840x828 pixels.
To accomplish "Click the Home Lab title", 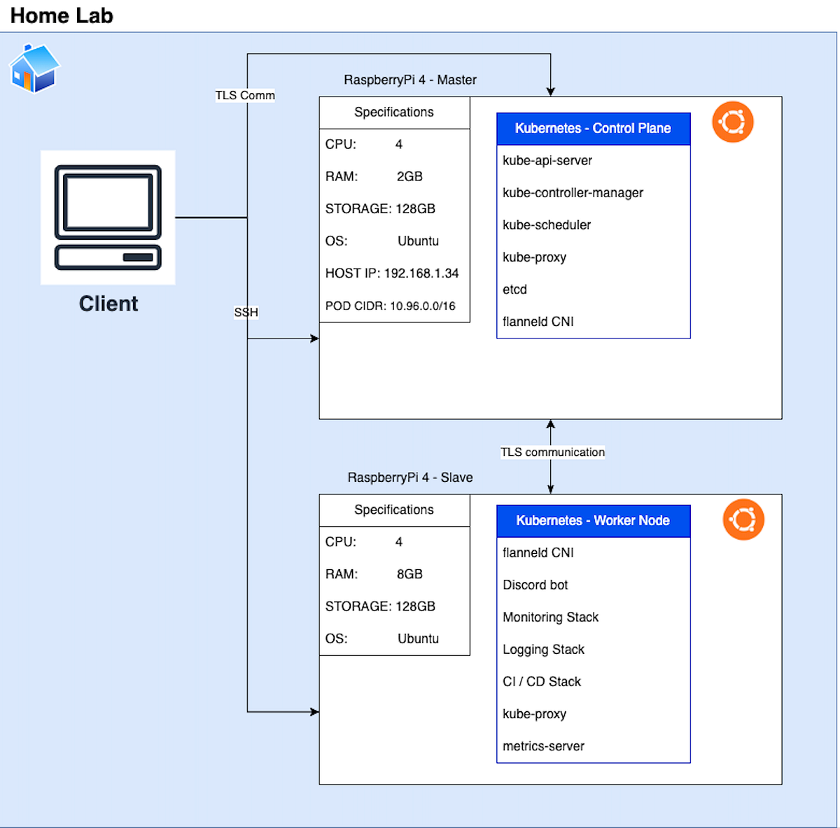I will (62, 15).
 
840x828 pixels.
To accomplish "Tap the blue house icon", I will (34, 69).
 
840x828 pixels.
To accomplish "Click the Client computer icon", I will (108, 217).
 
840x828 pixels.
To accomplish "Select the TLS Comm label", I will (245, 95).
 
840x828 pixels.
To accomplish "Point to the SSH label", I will (246, 312).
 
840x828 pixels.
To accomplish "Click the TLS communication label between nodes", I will (552, 452).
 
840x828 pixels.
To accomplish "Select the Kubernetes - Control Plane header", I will (593, 129).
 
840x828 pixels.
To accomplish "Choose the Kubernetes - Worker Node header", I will (593, 521).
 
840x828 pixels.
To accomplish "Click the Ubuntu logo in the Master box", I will (732, 122).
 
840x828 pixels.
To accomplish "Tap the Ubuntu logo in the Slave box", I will (743, 519).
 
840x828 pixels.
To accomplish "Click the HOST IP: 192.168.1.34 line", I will (392, 273).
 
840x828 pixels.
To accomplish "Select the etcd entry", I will (514, 290).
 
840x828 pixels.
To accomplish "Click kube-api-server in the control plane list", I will (547, 161).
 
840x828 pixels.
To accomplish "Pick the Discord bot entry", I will (535, 585).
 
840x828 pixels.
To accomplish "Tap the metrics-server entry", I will (543, 746).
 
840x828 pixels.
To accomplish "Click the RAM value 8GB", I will (409, 574).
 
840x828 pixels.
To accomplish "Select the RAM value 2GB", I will (409, 177).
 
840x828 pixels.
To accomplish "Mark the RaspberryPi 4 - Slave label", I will (410, 478).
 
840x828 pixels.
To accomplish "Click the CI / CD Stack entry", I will (542, 682).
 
